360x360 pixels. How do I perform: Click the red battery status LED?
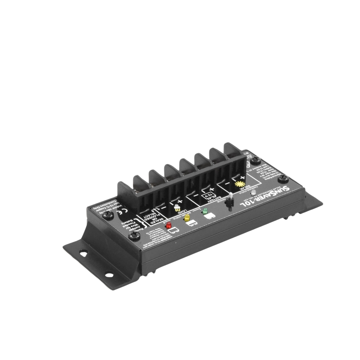(168, 226)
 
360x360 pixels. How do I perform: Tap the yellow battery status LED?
(186, 219)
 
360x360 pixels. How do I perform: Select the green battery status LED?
(205, 211)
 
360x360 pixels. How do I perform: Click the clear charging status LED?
(254, 193)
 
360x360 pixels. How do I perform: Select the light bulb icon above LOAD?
(177, 208)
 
